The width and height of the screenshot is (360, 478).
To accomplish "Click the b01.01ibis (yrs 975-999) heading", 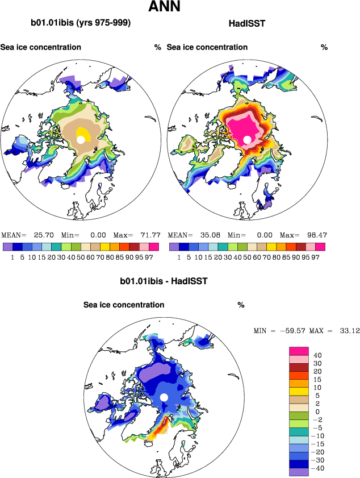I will coord(81,23).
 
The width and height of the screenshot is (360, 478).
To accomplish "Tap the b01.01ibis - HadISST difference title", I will coord(164,281).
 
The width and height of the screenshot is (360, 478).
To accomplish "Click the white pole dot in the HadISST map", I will coord(247,139).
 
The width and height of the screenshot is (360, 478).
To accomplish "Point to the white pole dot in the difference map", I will coord(164,397).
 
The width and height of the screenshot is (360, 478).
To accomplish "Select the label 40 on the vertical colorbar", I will coord(317,356).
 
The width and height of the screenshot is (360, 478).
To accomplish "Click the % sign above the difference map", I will coord(241,305).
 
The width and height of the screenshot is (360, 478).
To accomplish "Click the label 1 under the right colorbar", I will coord(179,257).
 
